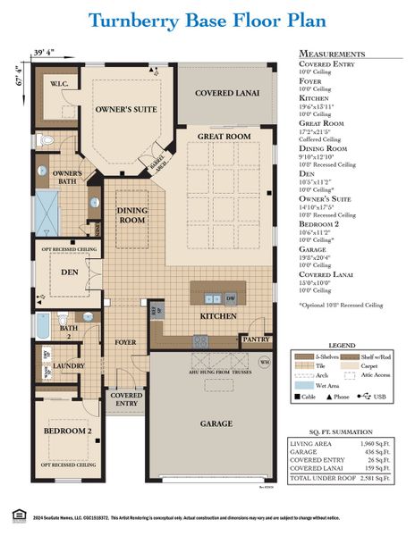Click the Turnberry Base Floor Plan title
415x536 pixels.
pyautogui.click(x=207, y=20)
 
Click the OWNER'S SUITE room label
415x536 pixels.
pyautogui.click(x=126, y=109)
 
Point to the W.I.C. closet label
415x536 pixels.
pyautogui.click(x=60, y=85)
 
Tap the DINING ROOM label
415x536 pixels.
pyautogui.click(x=132, y=214)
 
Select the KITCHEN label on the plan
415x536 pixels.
pyautogui.click(x=217, y=316)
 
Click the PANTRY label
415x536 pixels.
pyautogui.click(x=257, y=339)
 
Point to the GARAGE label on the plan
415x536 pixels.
pyautogui.click(x=216, y=423)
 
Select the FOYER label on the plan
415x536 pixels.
pyautogui.click(x=125, y=341)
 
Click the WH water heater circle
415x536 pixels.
pyautogui.click(x=264, y=362)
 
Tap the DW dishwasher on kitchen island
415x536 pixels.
pyautogui.click(x=231, y=298)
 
